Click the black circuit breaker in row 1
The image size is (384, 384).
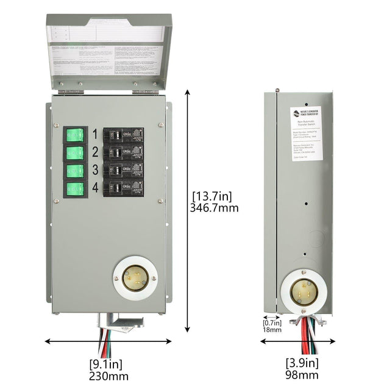[x=123, y=135]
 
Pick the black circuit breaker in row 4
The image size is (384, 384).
[x=123, y=188]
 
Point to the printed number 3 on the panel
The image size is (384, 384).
[x=95, y=170]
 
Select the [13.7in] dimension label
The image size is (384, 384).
[x=212, y=196]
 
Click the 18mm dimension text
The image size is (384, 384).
[x=272, y=330]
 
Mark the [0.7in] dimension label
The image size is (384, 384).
[x=272, y=322]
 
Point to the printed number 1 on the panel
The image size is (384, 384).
[x=95, y=133]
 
